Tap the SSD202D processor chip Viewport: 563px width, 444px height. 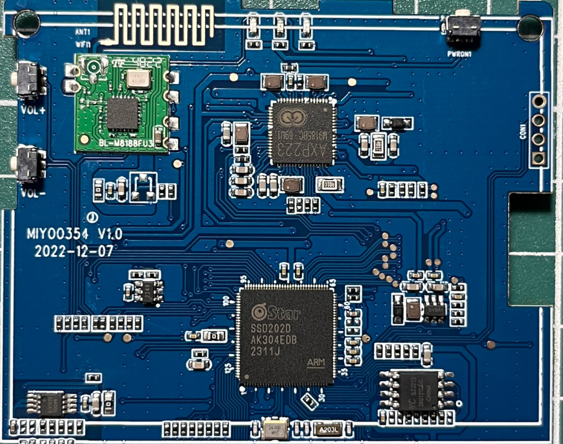pyautogui.click(x=286, y=335)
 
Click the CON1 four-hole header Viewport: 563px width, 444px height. pyautogui.click(x=539, y=130)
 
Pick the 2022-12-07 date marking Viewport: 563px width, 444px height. pyautogui.click(x=74, y=251)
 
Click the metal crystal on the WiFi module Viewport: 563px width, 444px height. pyautogui.click(x=138, y=78)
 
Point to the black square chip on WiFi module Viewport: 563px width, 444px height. pyautogui.click(x=122, y=114)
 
